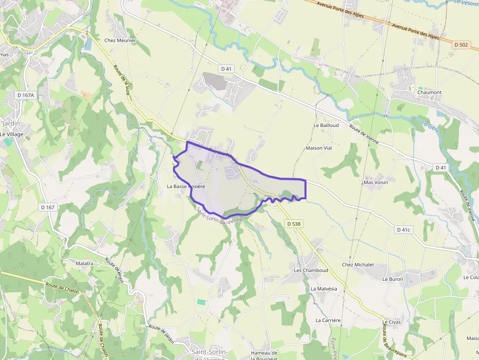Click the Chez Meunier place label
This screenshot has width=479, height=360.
[120, 41]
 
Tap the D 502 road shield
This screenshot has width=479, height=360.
[460, 45]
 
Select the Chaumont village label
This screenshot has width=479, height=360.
[429, 92]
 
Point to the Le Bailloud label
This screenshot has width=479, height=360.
[326, 125]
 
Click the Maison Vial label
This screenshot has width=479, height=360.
[319, 148]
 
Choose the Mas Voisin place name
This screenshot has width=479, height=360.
[375, 182]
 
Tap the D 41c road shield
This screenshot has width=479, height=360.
[404, 230]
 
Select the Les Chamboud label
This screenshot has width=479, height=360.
[311, 270]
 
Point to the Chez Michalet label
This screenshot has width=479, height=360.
[358, 265]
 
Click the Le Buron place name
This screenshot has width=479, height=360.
[392, 279]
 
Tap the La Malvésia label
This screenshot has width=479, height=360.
[324, 289]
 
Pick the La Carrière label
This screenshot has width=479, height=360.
[327, 320]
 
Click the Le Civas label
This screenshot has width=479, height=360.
[392, 322]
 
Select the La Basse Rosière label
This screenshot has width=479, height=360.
[186, 186]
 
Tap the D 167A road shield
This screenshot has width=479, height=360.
[24, 95]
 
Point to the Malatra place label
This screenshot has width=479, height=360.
[84, 263]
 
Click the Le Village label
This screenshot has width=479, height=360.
[12, 134]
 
